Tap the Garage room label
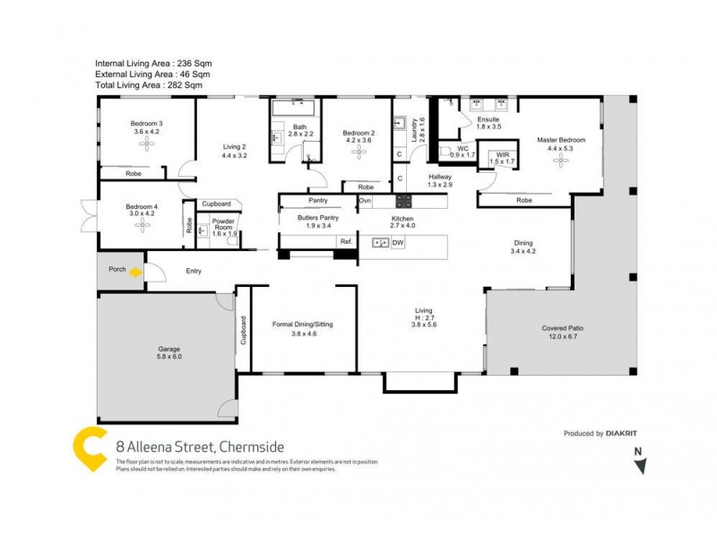[x=170, y=349]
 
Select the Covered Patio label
[x=563, y=328]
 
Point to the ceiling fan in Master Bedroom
[x=561, y=159]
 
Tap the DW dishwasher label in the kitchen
[x=398, y=242]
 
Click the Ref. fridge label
[x=346, y=241]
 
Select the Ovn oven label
[x=365, y=201]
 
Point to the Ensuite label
[x=488, y=119]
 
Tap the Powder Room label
[x=223, y=223]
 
